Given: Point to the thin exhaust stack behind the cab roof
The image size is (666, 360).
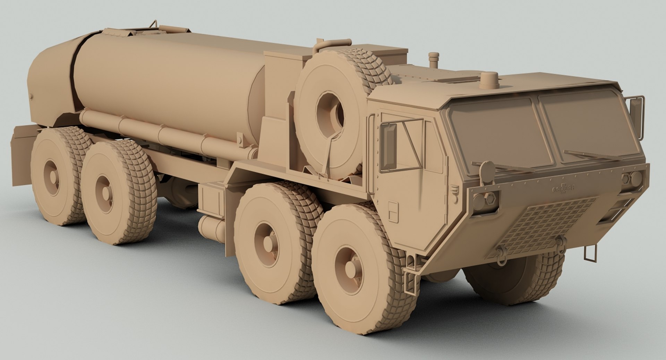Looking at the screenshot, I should [x=433, y=61].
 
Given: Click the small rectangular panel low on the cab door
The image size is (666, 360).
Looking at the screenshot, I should [x=393, y=212].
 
